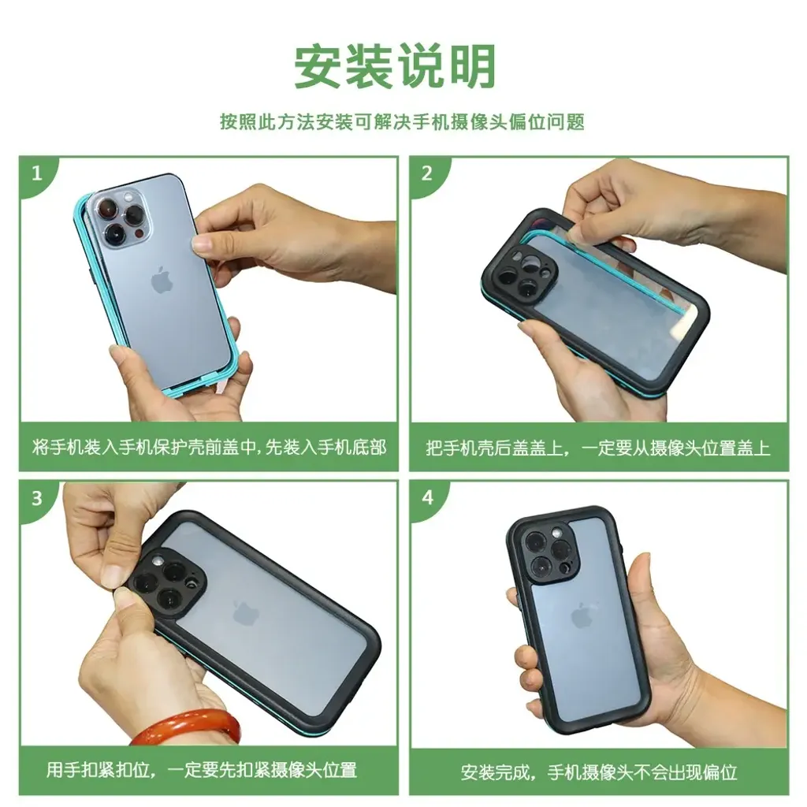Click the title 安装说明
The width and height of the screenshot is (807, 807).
[x=395, y=66]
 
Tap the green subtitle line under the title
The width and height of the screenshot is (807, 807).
[x=403, y=122]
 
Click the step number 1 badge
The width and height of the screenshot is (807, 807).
[x=36, y=173]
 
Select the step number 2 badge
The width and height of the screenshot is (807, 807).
[x=426, y=173]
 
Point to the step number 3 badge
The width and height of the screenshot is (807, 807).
[x=36, y=498]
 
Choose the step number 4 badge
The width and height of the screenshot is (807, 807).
[x=428, y=498]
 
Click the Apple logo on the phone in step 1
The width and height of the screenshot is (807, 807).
[x=162, y=281]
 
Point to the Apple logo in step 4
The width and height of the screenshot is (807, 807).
[x=582, y=615]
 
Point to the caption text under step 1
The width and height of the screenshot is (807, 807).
[x=209, y=447]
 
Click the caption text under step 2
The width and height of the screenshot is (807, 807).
[x=598, y=448]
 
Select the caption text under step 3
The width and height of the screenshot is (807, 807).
[x=201, y=770]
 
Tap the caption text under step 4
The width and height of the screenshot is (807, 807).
[x=599, y=772]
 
